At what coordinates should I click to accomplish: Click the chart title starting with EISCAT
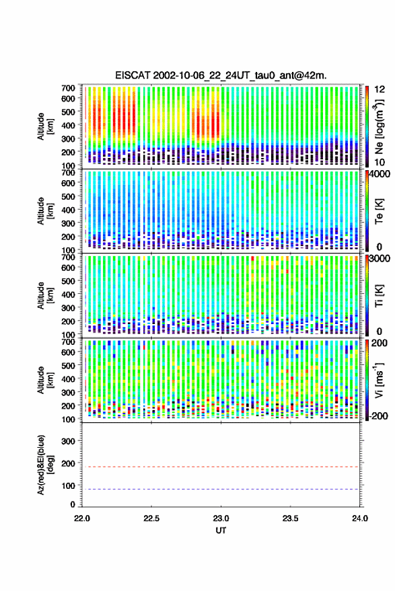click(221, 75)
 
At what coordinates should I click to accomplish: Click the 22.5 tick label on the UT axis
click(151, 518)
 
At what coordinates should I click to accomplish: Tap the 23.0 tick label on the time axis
click(221, 518)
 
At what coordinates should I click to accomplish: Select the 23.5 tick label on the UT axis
click(290, 518)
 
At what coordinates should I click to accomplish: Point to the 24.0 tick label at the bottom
click(359, 518)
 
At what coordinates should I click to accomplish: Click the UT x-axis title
click(221, 530)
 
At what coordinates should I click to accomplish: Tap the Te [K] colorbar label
click(379, 211)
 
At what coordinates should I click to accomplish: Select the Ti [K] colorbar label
click(379, 296)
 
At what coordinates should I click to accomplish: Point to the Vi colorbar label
click(379, 380)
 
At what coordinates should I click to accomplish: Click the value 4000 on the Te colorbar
click(380, 175)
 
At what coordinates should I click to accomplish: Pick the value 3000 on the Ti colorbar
click(380, 259)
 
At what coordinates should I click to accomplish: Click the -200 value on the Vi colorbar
click(379, 416)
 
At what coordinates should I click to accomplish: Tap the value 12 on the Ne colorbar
click(380, 89)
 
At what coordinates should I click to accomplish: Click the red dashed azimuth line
click(221, 467)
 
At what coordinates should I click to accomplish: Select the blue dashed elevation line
click(221, 489)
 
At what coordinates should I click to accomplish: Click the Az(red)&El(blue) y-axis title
click(44, 465)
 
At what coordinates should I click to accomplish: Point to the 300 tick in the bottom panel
click(68, 441)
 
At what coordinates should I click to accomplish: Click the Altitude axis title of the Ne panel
click(44, 126)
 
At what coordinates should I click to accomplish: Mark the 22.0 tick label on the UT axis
click(82, 518)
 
